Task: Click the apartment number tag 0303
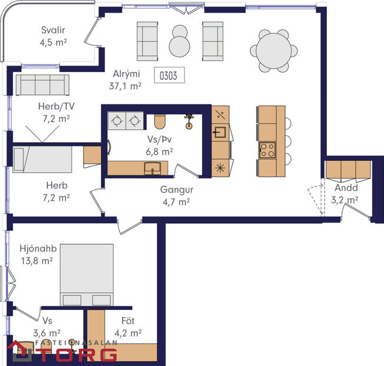pyautogui.click(x=169, y=75)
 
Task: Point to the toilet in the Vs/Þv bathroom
pyautogui.click(x=159, y=122)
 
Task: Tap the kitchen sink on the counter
pyautogui.click(x=220, y=132)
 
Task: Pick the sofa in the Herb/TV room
pyautogui.click(x=42, y=86)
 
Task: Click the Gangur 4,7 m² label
pyautogui.click(x=176, y=196)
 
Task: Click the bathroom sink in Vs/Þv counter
pyautogui.click(x=152, y=168)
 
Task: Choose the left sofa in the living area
pyautogui.click(x=148, y=41)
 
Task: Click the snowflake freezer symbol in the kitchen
pyautogui.click(x=220, y=167)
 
